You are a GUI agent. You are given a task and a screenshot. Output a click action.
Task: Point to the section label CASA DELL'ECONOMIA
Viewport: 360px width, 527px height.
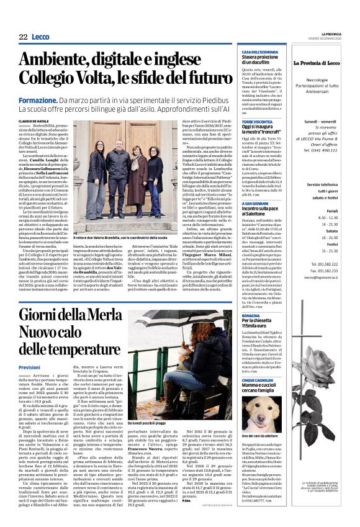pos(260,52)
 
